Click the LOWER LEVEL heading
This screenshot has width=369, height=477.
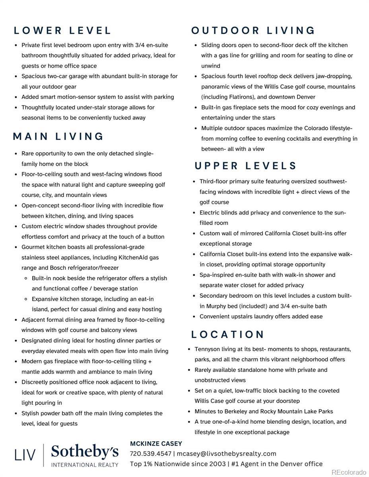pyautogui.click(x=62, y=31)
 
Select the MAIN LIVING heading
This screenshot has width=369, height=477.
pyautogui.click(x=58, y=137)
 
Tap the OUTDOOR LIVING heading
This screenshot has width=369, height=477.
pyautogui.click(x=253, y=31)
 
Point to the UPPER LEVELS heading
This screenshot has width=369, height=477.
pyautogui.click(x=246, y=166)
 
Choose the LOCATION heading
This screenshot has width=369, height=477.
pyautogui.click(x=228, y=335)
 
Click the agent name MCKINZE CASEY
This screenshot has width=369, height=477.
pyautogui.click(x=156, y=444)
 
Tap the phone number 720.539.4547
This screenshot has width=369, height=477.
pyautogui.click(x=150, y=454)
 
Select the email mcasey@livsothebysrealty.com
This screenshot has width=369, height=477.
pyautogui.click(x=226, y=454)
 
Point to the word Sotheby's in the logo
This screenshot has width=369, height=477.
pyautogui.click(x=85, y=452)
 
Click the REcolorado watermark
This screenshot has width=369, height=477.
pyautogui.click(x=349, y=472)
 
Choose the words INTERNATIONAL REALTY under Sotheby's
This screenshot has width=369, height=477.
pyautogui.click(x=85, y=464)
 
